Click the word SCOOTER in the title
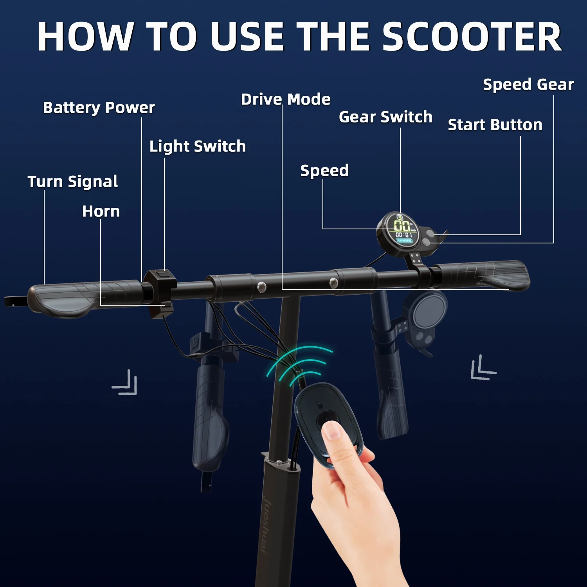472,37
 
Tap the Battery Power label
99,108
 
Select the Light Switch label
198,146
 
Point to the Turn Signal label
72,182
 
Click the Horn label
101,211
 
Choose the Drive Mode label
286,99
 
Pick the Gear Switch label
385,117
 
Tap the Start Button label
495,125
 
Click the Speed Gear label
528,85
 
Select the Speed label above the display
324,171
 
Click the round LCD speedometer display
399,231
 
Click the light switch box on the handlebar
160,292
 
